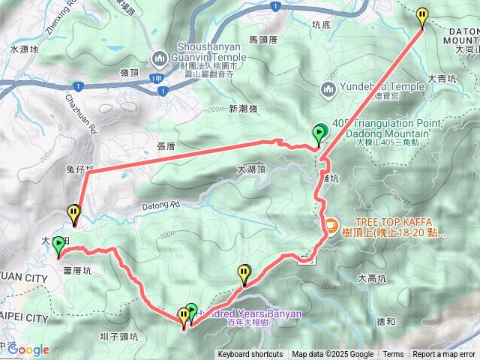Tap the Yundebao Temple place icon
[x=328, y=90]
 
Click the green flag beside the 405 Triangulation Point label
[x=319, y=134]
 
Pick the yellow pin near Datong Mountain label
[x=422, y=16]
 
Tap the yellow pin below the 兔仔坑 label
[x=73, y=214]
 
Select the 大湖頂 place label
[x=250, y=169]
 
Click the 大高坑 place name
[x=373, y=278]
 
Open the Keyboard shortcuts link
[x=250, y=355]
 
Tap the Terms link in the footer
[x=393, y=355]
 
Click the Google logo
[x=28, y=349]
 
